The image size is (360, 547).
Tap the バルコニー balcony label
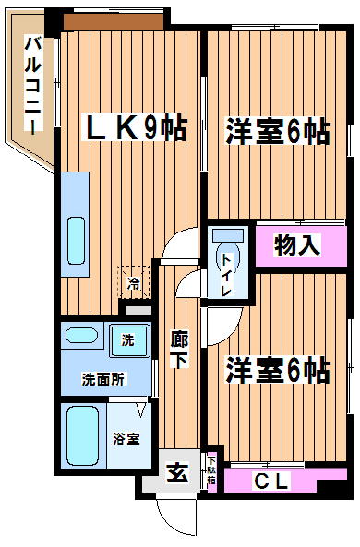(33, 84)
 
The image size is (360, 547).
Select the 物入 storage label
(297, 244)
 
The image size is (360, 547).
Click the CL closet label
(271, 482)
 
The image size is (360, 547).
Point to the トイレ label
(227, 275)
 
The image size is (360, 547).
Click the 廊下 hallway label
(179, 350)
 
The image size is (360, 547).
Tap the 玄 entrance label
(177, 473)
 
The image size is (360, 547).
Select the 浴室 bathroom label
(126, 438)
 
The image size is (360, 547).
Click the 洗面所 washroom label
(102, 379)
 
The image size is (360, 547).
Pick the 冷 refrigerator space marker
(134, 282)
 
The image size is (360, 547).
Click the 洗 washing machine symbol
(129, 340)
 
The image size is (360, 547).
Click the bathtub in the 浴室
(82, 435)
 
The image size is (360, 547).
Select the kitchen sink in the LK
(76, 241)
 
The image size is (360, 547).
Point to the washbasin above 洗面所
(81, 335)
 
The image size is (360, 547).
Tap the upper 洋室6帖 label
(278, 132)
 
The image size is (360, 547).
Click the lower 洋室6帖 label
(278, 370)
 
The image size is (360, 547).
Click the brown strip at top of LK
(114, 21)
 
